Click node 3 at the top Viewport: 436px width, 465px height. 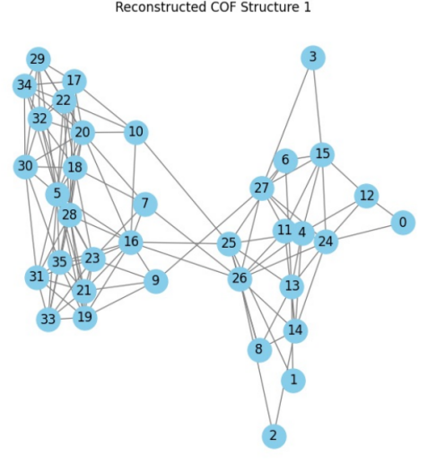pos(313,57)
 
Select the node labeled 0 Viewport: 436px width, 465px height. pos(403,223)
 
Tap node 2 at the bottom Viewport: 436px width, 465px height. pos(274,436)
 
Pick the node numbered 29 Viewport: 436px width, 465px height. pos(39,59)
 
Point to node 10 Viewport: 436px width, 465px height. pos(136,132)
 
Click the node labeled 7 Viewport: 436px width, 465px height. pos(145,204)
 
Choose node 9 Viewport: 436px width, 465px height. pos(156,281)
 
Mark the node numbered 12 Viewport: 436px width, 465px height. pos(366,196)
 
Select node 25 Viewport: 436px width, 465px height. pos(229,243)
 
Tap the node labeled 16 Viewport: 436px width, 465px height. pos(131,242)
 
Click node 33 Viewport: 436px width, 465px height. pos(48,320)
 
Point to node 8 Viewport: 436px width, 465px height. pos(259,349)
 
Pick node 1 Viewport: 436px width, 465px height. pos(293,381)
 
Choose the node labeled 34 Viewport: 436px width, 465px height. pos(25,85)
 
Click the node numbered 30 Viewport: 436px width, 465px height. pos(26,166)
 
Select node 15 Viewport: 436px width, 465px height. pos(322,154)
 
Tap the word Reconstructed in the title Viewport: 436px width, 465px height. pos(161,7)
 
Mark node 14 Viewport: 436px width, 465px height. pos(295,330)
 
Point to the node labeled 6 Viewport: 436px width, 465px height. pos(285,161)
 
